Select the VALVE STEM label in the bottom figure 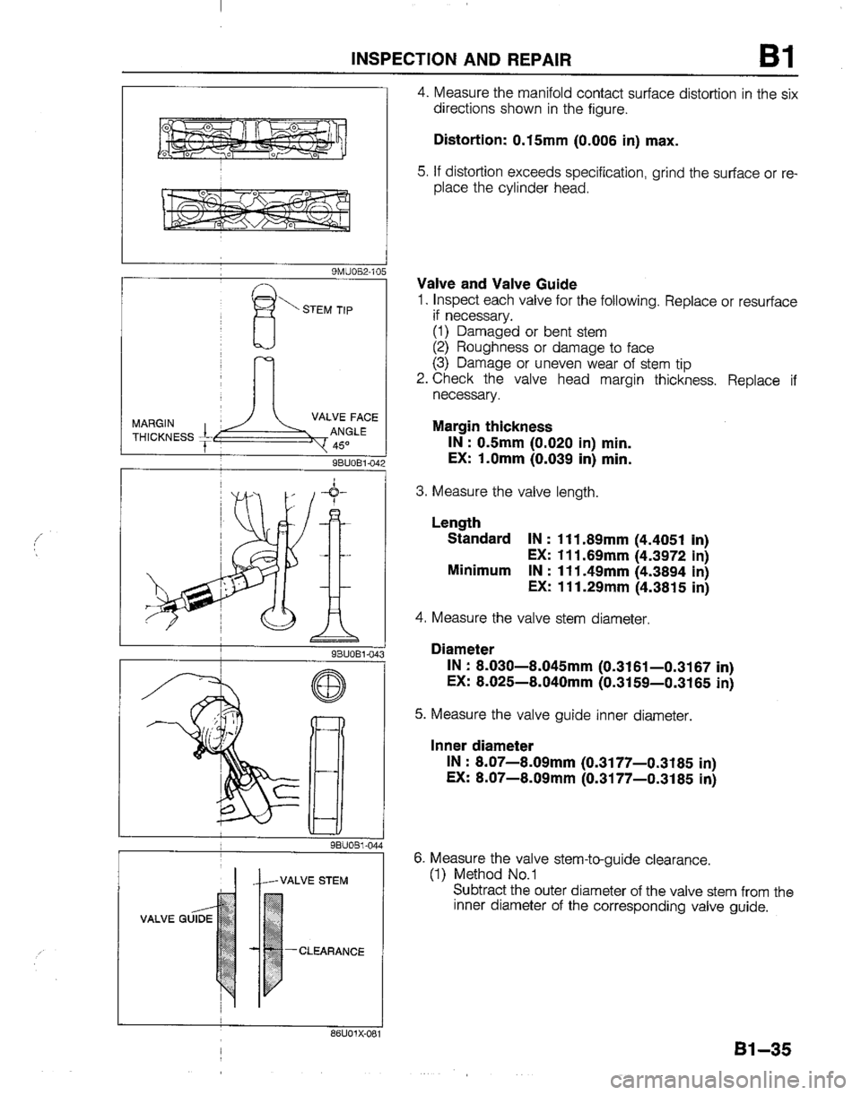point(315,879)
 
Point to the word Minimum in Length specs point(480,572)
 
